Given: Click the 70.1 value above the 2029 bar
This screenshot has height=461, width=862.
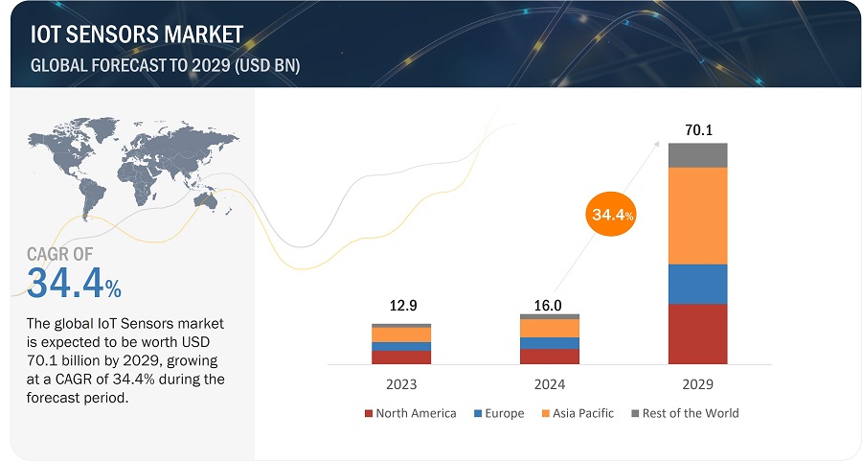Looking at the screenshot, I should click(x=697, y=128).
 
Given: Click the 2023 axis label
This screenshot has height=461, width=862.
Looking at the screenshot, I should click(x=401, y=383).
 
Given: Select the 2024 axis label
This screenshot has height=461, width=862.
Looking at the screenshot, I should click(x=549, y=383).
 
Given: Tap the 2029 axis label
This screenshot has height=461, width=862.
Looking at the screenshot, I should click(x=697, y=383).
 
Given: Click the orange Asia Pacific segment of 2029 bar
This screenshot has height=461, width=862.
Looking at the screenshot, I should click(x=697, y=216).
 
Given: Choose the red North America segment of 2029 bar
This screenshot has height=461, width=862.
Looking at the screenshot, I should click(x=697, y=334).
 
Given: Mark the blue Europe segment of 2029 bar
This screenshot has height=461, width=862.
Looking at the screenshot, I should click(x=697, y=284).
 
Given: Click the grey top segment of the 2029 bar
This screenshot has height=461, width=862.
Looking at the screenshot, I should click(x=697, y=155).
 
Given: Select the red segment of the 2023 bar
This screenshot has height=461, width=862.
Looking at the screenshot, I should click(x=401, y=357).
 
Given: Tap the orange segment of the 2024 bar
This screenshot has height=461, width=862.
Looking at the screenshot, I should click(x=549, y=328).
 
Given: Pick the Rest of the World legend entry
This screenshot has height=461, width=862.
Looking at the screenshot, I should click(x=685, y=413).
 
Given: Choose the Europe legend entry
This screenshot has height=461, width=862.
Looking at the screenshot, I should click(x=497, y=413).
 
